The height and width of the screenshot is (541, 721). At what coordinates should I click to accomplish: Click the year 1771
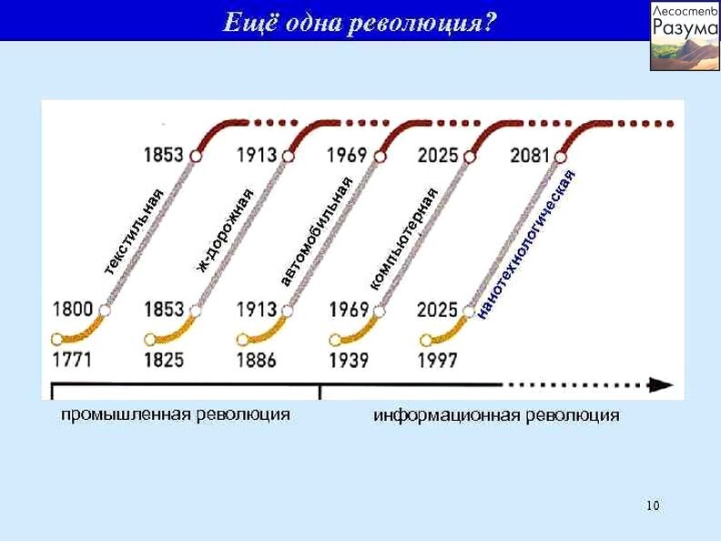(72, 359)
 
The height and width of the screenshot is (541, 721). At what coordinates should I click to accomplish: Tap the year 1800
(73, 309)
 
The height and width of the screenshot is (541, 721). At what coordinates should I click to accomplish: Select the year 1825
(164, 360)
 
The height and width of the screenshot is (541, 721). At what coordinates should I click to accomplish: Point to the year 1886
(257, 360)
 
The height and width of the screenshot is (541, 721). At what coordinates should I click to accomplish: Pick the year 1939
(349, 360)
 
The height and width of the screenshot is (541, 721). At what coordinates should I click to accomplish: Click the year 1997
(438, 360)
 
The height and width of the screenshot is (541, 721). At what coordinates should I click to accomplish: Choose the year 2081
(530, 156)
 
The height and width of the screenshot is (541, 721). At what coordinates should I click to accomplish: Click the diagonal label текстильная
(133, 231)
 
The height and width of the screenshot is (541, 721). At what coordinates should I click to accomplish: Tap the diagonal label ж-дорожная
(225, 230)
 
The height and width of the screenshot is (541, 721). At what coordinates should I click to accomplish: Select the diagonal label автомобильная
(317, 231)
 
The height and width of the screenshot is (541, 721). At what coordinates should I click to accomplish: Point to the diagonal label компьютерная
(404, 239)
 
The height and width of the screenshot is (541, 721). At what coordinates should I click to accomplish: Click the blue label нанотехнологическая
(525, 244)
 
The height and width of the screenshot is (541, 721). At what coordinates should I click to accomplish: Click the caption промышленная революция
(175, 414)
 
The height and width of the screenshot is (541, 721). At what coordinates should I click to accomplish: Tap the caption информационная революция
(496, 415)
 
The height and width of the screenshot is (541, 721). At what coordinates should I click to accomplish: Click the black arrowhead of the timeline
(661, 384)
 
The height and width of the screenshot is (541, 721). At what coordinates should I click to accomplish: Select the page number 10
(653, 505)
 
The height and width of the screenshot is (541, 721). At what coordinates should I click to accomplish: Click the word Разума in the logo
(685, 27)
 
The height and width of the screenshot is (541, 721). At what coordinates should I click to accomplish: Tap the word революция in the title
(421, 23)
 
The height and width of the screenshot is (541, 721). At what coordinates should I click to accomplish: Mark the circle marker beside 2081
(561, 157)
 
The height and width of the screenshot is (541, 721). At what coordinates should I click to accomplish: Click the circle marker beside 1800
(105, 310)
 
